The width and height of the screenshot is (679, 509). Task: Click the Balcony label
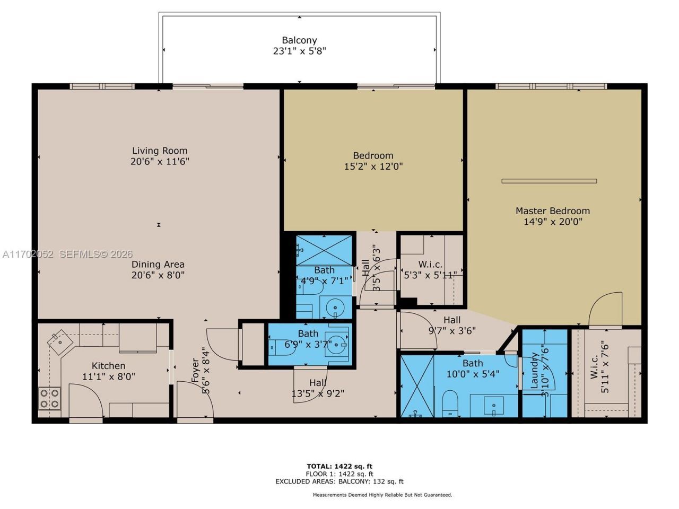click(299, 40)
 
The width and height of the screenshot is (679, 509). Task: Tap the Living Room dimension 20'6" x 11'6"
click(160, 161)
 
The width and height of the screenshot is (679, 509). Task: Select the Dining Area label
click(158, 264)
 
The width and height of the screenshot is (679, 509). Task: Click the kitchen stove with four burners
click(49, 398)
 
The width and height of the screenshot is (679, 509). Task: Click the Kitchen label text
click(109, 366)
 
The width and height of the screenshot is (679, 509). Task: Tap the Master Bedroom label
click(553, 210)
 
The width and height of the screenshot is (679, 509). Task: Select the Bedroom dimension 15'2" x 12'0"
click(373, 166)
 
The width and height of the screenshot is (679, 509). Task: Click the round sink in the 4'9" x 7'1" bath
click(334, 307)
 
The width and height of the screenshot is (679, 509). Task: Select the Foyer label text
click(195, 371)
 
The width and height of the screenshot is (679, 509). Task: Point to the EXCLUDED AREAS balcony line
click(339, 481)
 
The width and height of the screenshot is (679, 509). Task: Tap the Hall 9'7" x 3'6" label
click(452, 325)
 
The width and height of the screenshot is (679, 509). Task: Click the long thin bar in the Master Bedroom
click(549, 181)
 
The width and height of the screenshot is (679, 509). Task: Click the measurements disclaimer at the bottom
click(382, 495)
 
